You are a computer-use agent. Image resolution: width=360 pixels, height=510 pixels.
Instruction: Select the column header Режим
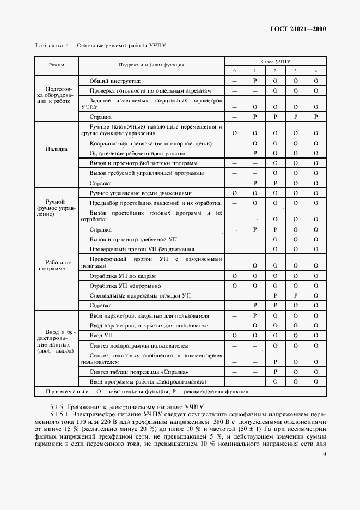[56, 65]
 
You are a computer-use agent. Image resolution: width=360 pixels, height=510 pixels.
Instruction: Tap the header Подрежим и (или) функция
[151, 65]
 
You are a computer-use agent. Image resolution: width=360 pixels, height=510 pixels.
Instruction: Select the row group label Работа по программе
[56, 265]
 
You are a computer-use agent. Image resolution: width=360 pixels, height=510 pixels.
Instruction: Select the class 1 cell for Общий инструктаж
[254, 81]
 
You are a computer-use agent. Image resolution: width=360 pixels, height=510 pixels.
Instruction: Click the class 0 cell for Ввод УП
[234, 335]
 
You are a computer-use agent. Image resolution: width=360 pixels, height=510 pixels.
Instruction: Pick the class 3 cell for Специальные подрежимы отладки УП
[295, 295]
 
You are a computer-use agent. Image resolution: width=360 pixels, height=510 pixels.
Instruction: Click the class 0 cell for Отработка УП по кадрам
[234, 275]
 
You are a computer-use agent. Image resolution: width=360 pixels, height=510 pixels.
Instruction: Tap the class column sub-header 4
[315, 71]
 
